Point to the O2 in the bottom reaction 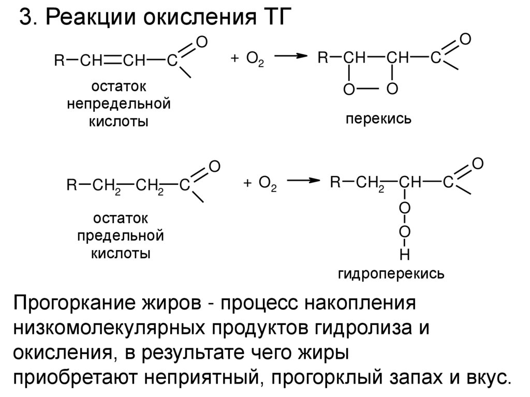[267, 185]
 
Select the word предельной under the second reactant [121, 237]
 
